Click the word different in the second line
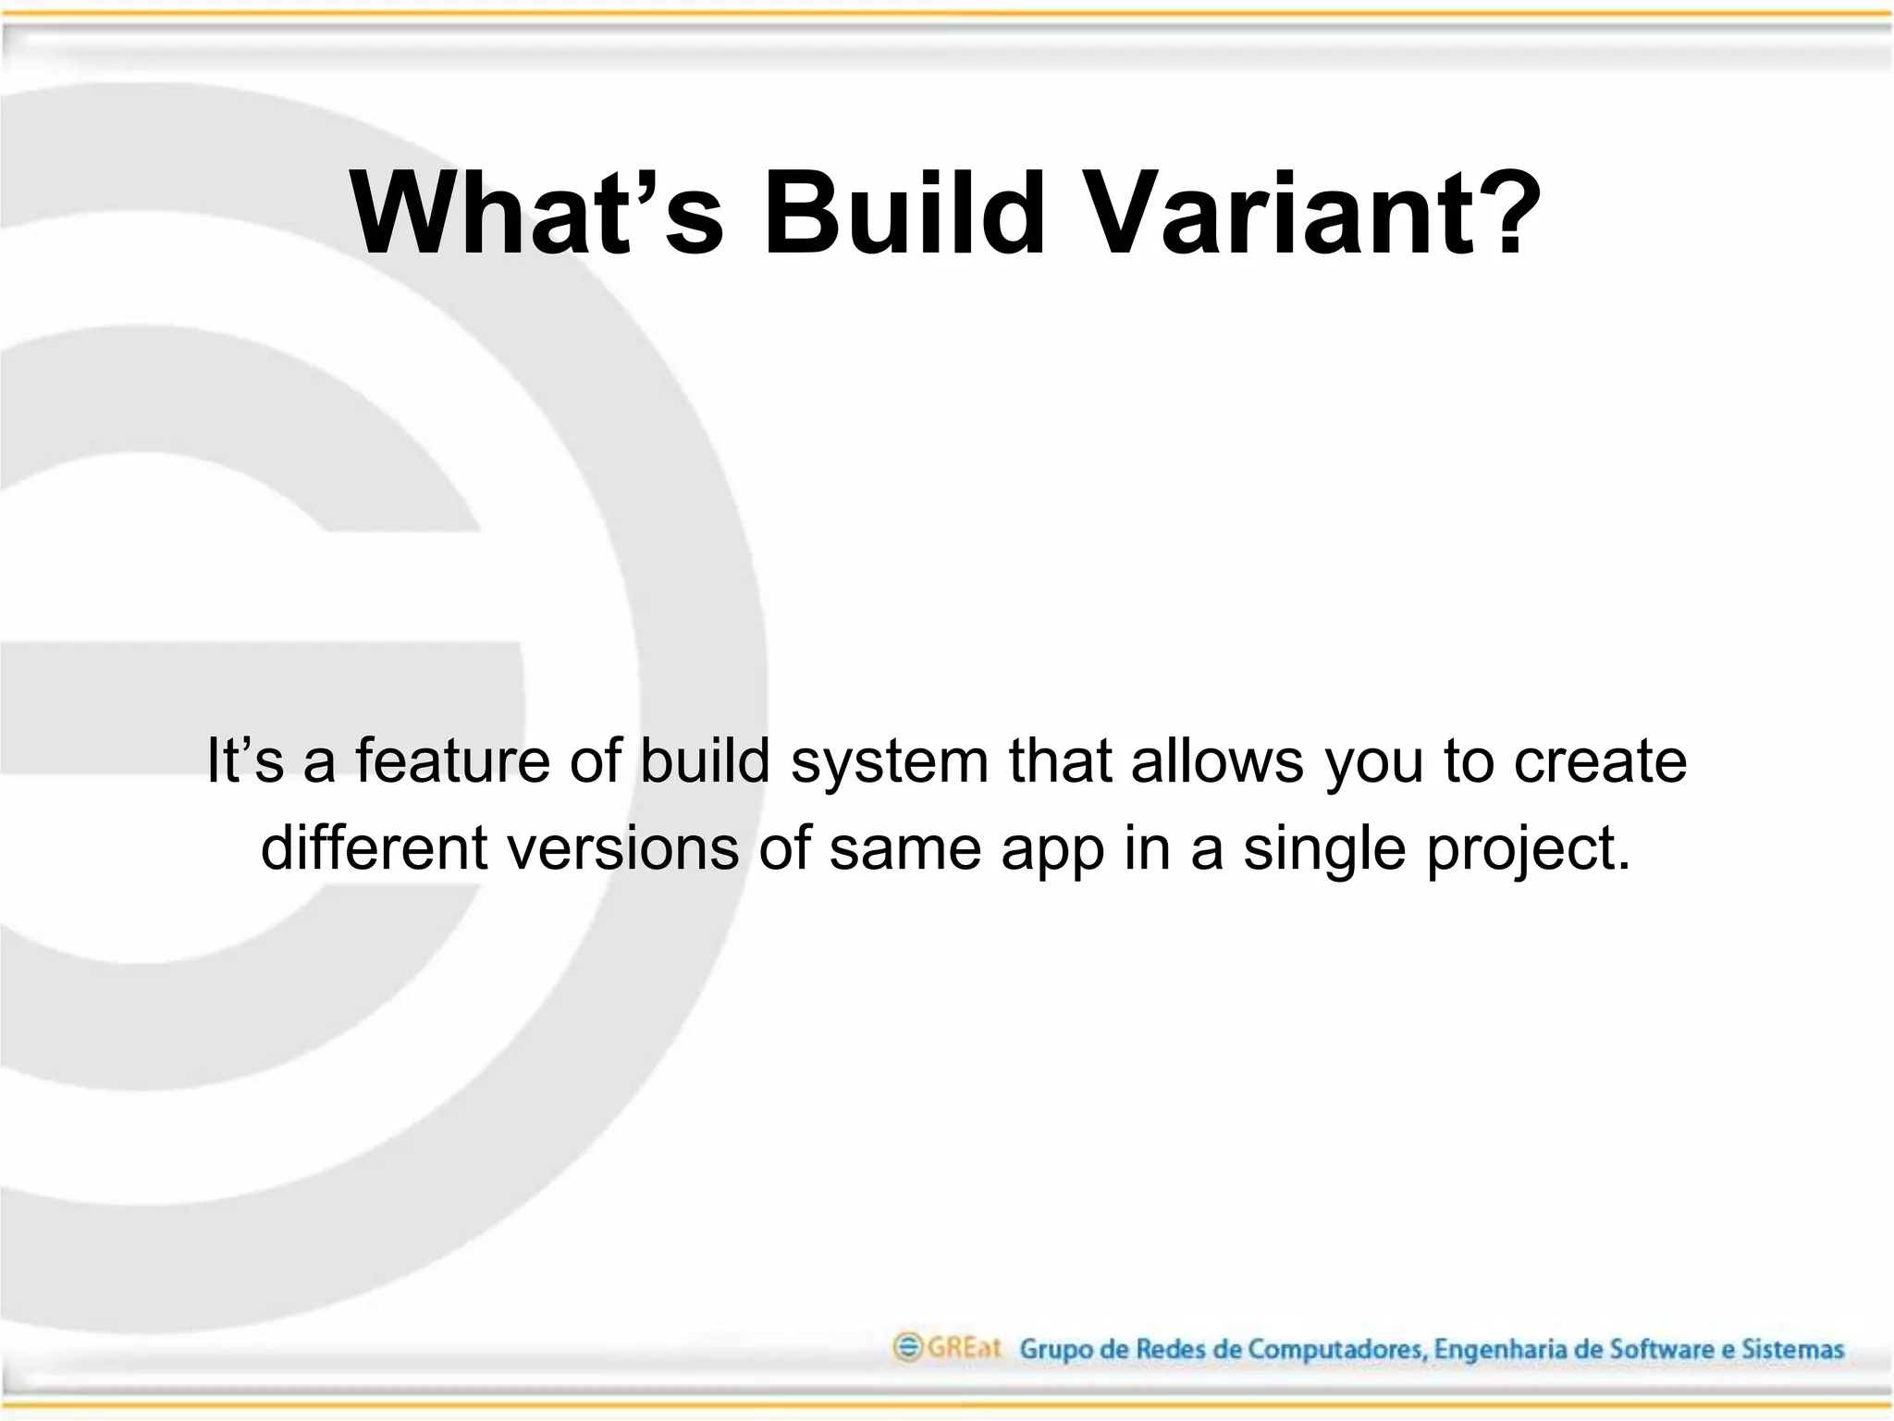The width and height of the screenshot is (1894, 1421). click(374, 846)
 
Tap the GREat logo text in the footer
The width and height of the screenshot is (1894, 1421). click(964, 1347)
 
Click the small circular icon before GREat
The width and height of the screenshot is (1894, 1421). click(907, 1347)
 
